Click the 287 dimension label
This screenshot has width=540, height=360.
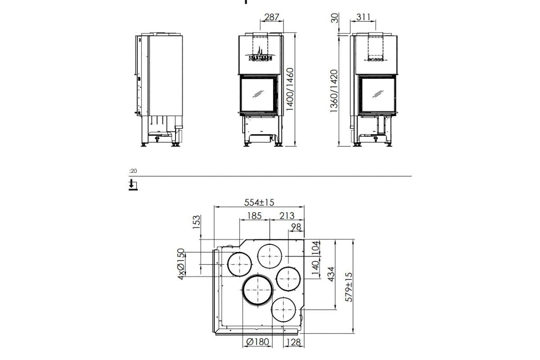click(x=272, y=17)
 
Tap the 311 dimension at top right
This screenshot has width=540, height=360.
click(x=363, y=17)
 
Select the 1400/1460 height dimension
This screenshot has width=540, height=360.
click(x=290, y=90)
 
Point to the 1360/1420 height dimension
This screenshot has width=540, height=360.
click(x=333, y=91)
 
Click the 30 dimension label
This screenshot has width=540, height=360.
click(x=334, y=19)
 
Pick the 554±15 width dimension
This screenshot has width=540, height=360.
click(x=259, y=202)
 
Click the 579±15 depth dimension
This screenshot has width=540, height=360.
click(x=348, y=287)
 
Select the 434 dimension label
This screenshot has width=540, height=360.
click(x=330, y=274)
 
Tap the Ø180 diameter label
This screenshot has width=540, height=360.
click(x=258, y=342)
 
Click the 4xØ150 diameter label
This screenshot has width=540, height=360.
click(x=181, y=264)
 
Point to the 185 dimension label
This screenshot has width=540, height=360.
click(x=254, y=216)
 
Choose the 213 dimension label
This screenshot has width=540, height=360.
click(x=287, y=216)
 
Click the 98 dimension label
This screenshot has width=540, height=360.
click(x=296, y=227)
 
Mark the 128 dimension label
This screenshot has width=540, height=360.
click(x=293, y=342)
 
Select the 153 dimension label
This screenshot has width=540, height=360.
click(x=196, y=222)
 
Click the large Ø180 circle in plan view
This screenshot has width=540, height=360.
click(x=257, y=290)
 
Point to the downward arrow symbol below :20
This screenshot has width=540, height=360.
click(x=132, y=184)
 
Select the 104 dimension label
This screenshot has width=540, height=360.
click(x=315, y=247)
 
